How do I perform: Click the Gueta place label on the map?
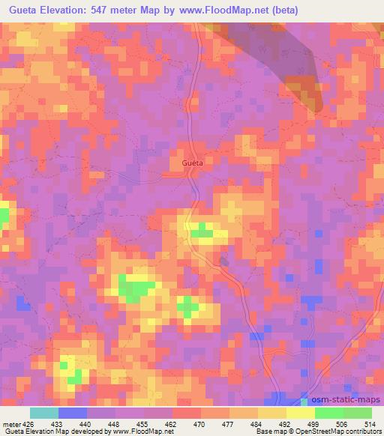pos(193,162)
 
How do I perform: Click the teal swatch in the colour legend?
pos(44,413)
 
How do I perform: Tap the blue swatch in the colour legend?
pos(73,413)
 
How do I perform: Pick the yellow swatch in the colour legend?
pos(301,413)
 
